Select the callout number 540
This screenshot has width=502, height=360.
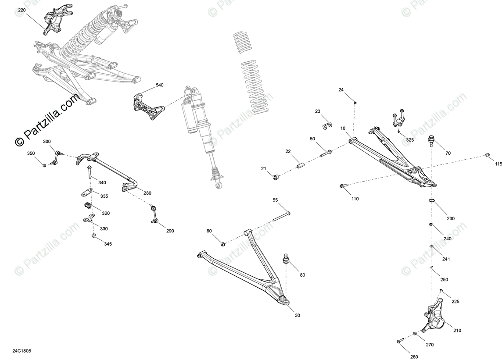159,85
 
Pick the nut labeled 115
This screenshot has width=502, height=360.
487,155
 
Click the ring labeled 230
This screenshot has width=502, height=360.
432,201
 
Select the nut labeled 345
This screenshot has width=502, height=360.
93,236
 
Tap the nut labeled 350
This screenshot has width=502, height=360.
44,165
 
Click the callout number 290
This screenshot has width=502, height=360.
169,231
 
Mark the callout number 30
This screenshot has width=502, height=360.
298,315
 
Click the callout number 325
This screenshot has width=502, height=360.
409,140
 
